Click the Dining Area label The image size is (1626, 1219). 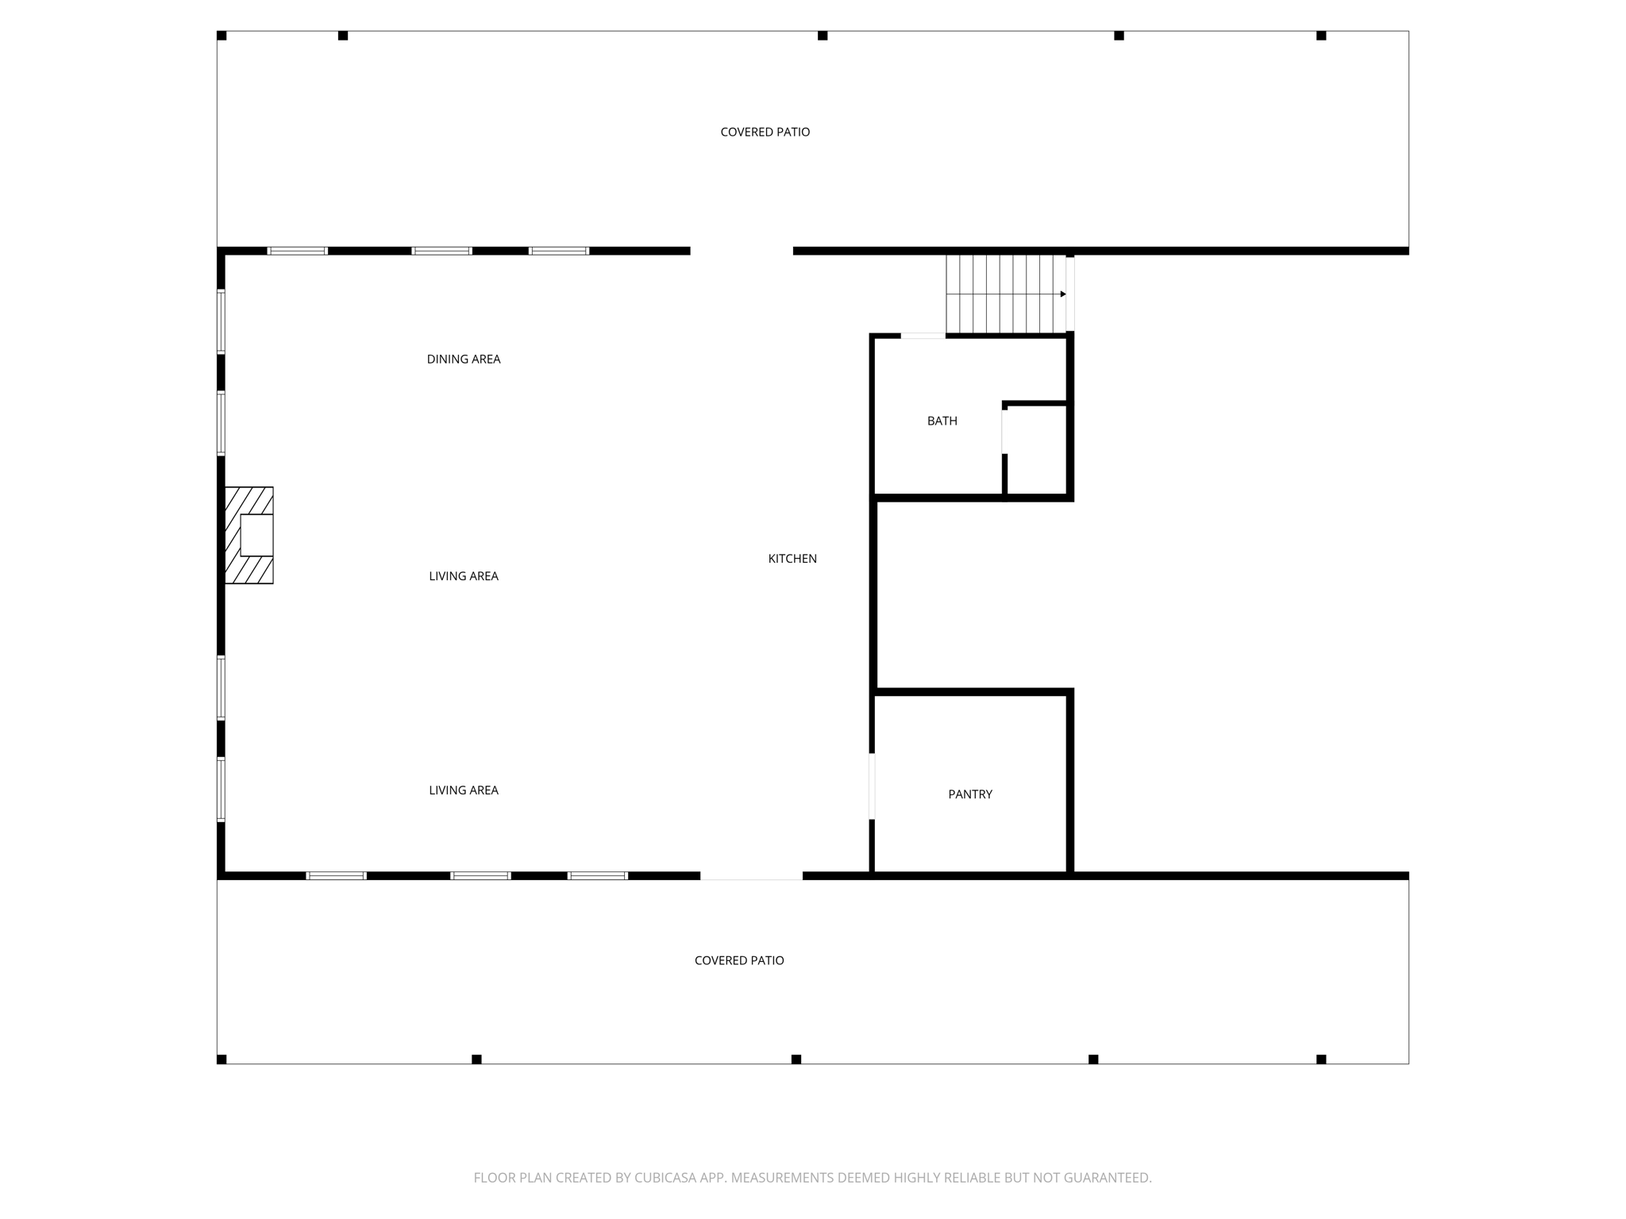pos(464,359)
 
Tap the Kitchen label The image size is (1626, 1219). pos(792,559)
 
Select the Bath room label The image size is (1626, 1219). pos(942,421)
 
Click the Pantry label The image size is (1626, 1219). pos(970,794)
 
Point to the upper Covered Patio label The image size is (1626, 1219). pos(765,132)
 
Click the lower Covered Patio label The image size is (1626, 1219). pos(739,960)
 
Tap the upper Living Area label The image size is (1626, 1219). pos(464,576)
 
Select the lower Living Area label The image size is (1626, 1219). pos(464,790)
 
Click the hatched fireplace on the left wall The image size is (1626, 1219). pos(249,536)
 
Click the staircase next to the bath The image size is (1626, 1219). pos(1005,294)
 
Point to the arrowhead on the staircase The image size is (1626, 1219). pos(1063,294)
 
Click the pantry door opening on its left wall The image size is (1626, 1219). pos(873,786)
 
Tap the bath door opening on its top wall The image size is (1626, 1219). pos(923,336)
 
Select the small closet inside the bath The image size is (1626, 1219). pos(1036,451)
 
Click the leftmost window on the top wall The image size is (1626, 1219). pos(297,251)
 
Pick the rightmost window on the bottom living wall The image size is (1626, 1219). pos(598,876)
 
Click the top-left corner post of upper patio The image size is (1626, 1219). pos(222,36)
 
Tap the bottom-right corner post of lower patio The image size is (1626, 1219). pos(1321,1059)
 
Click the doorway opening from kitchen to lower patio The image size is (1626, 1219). pos(751,877)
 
